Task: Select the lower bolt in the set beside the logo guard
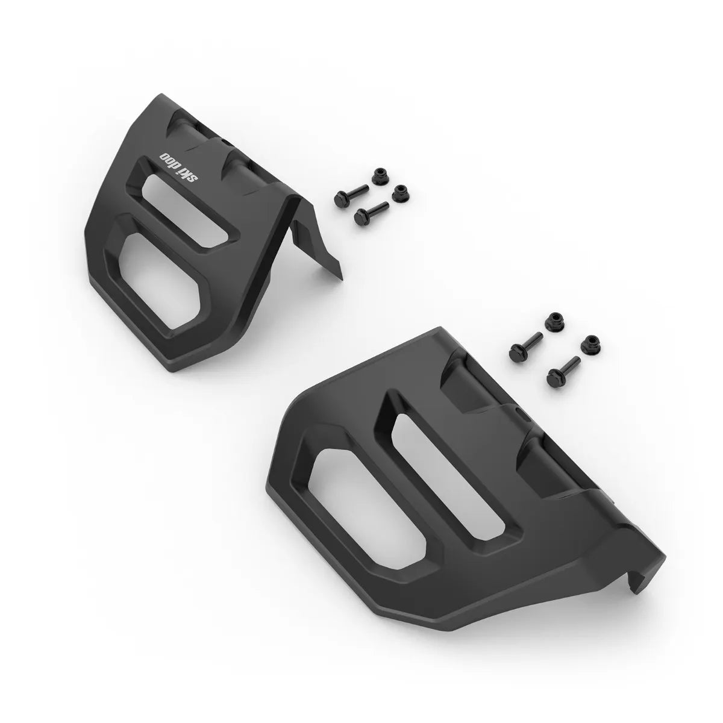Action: pyautogui.click(x=370, y=211)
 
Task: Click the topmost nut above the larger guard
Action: pyautogui.click(x=551, y=322)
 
